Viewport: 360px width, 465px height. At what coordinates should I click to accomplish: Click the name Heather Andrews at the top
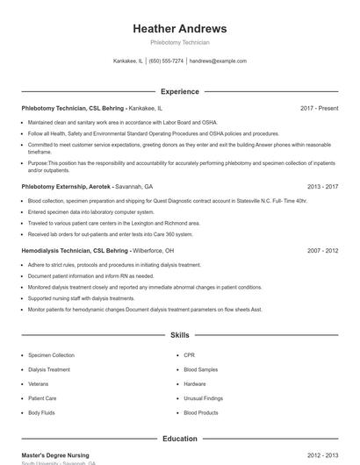(x=179, y=28)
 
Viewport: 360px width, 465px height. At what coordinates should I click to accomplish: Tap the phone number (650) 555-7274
(x=166, y=61)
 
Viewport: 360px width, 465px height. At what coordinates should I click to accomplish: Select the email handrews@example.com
(x=218, y=61)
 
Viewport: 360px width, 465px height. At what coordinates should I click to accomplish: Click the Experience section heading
(x=179, y=91)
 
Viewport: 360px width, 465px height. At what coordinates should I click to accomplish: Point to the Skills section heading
(x=179, y=335)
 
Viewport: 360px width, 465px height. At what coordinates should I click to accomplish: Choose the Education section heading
(x=179, y=439)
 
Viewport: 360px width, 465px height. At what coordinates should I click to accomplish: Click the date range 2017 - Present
(x=319, y=108)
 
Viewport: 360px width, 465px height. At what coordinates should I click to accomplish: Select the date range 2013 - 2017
(x=322, y=187)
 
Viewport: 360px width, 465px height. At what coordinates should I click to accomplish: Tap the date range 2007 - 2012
(x=322, y=251)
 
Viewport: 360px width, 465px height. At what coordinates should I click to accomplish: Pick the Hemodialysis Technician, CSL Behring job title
(x=75, y=251)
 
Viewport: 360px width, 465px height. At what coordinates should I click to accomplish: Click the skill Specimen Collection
(x=51, y=355)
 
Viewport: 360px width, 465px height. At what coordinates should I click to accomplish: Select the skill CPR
(x=189, y=355)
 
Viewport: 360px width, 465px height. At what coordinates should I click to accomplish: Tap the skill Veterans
(x=39, y=383)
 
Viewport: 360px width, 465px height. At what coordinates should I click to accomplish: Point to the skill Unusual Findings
(x=203, y=398)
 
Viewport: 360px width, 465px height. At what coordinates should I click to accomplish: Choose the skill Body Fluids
(x=41, y=412)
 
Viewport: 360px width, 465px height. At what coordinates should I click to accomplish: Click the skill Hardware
(x=195, y=383)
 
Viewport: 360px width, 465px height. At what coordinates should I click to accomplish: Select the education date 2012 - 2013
(x=322, y=455)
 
